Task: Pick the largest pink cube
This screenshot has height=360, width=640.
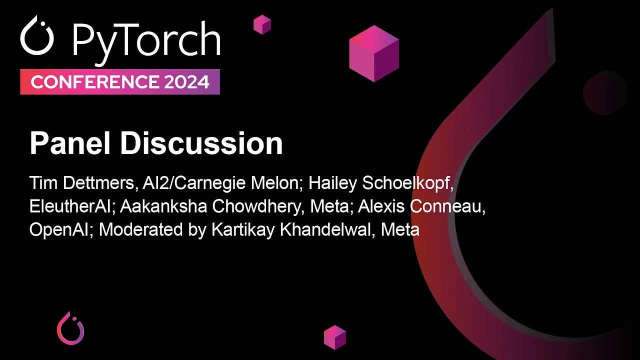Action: [374, 53]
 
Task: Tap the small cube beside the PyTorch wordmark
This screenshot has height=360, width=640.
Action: [262, 24]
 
